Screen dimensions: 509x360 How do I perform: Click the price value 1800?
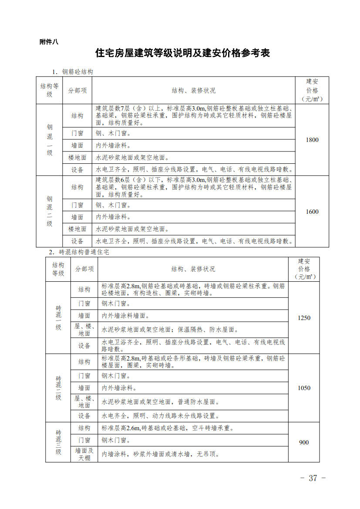312,140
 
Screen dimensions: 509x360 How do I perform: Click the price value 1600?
312,212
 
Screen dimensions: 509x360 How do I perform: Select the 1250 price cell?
304,318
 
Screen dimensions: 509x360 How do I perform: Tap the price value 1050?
304,388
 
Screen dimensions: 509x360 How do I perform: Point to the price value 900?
304,442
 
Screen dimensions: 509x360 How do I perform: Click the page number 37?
313,478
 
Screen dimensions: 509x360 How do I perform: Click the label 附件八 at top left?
48,42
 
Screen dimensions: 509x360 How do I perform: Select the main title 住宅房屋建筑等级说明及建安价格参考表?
183,53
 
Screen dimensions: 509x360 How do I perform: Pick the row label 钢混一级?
50,140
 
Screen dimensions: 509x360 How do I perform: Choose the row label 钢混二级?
50,212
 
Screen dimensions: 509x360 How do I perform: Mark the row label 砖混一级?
58,318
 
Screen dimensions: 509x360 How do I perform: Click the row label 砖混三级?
58,442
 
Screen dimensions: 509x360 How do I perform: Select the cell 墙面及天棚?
84,454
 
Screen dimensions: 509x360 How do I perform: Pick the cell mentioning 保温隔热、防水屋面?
170,330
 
